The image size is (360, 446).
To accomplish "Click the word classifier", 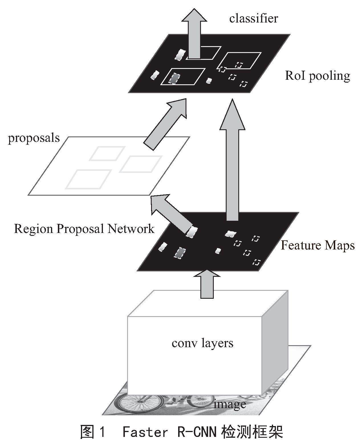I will tap(253, 19).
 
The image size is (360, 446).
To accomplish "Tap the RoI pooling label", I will tap(317, 76).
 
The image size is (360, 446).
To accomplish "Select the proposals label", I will tap(34, 138).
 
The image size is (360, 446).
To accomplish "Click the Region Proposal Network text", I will tap(84, 229).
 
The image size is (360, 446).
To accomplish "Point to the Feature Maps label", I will tap(318, 245).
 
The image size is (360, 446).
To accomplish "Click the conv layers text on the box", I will tap(202, 343).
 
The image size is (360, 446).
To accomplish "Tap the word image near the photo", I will tap(230, 404).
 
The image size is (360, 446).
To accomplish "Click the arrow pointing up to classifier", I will tap(194, 34).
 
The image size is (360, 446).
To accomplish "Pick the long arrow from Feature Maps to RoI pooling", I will tap(232, 159).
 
